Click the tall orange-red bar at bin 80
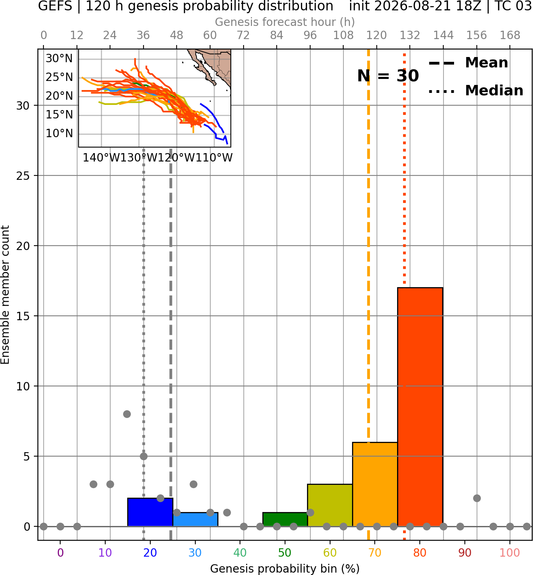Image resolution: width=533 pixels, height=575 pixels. pyautogui.click(x=420, y=407)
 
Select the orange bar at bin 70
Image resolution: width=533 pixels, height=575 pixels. pyautogui.click(x=375, y=484)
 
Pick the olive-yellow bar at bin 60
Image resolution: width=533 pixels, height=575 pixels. pyautogui.click(x=330, y=505)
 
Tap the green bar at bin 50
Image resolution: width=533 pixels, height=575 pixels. pyautogui.click(x=285, y=519)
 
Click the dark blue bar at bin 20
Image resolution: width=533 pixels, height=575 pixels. pyautogui.click(x=150, y=512)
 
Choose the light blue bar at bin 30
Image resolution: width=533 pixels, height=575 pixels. pyautogui.click(x=195, y=519)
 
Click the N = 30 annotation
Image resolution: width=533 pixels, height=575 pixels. pyautogui.click(x=388, y=76)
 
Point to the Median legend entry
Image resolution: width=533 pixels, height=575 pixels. pyautogui.click(x=476, y=91)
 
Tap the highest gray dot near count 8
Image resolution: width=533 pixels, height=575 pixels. pyautogui.click(x=127, y=414)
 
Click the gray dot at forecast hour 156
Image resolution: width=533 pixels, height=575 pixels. pyautogui.click(x=477, y=498)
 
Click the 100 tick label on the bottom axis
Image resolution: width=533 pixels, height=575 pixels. pyautogui.click(x=510, y=553)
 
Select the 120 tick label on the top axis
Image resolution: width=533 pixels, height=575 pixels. pyautogui.click(x=376, y=35)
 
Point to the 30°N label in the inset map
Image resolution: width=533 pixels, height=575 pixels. pyautogui.click(x=59, y=59)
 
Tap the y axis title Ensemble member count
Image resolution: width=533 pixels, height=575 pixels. pyautogui.click(x=5, y=295)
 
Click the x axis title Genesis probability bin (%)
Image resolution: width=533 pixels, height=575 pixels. pyautogui.click(x=285, y=569)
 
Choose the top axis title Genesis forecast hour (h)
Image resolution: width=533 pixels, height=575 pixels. pyautogui.click(x=285, y=22)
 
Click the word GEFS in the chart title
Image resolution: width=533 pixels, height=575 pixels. pyautogui.click(x=55, y=6)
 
